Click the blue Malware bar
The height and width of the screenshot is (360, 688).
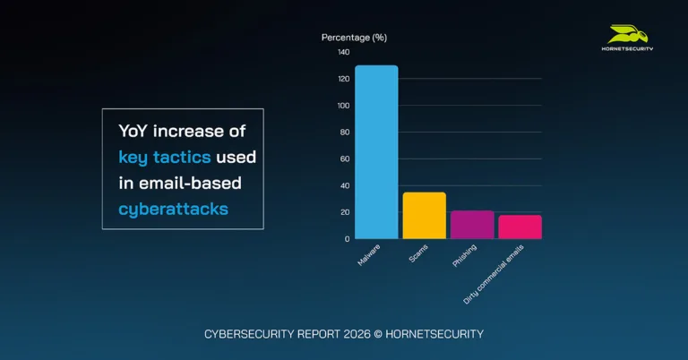coord(376,152)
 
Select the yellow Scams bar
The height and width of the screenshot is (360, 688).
coord(424,216)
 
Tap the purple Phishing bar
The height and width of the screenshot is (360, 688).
coord(472,225)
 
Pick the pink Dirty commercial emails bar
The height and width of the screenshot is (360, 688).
coord(520,227)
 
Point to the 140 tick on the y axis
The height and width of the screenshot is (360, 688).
coord(343,52)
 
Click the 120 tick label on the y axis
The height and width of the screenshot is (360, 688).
coord(343,79)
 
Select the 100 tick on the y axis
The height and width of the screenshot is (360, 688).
coord(343,106)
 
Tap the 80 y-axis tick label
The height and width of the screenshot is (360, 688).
coord(345,133)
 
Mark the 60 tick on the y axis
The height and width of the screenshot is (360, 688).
coord(345,159)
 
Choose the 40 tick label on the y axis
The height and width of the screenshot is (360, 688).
coord(345,186)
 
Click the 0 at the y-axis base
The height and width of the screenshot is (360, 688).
coord(347,239)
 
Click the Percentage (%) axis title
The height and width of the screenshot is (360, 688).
coord(354,38)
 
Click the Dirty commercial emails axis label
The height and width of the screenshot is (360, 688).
coord(494,274)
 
